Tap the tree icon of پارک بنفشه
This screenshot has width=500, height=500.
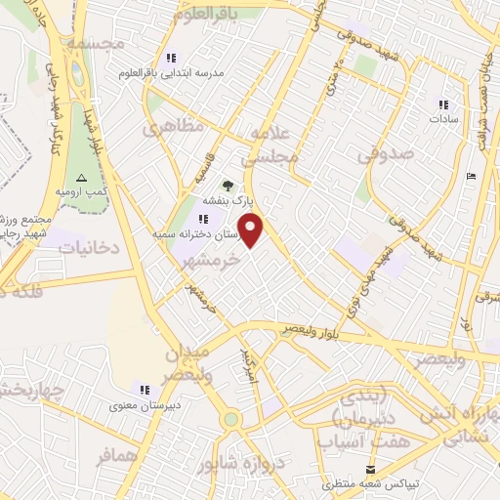click(229, 184)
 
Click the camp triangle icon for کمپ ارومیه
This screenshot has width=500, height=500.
click(81, 177)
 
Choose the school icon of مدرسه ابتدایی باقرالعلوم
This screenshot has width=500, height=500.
click(172, 59)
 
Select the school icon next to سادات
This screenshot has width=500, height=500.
click(443, 104)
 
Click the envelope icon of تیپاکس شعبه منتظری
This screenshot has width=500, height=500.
click(370, 470)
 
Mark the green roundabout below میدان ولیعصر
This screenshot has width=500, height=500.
click(230, 419)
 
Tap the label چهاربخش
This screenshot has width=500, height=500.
click(27, 392)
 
